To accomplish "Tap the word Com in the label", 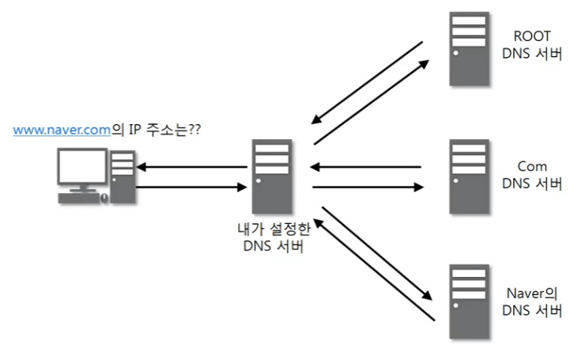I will coord(531,168).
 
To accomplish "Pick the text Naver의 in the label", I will coord(532,292).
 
